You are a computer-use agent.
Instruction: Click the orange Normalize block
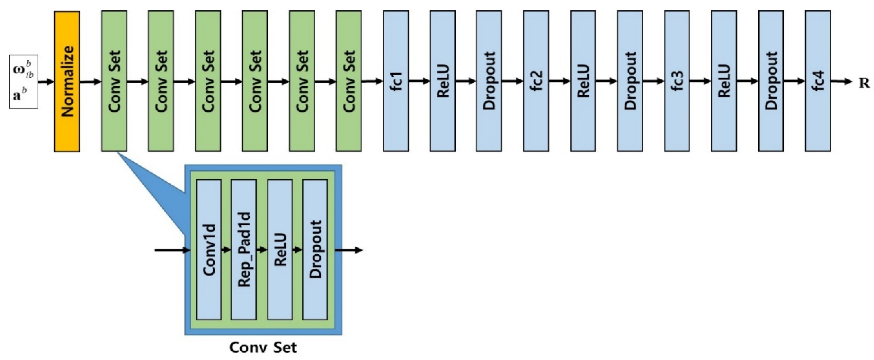coord(67,81)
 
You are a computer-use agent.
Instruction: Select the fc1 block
coord(396,81)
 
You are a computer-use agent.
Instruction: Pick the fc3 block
coord(677,81)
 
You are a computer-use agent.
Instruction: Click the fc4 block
coord(818,81)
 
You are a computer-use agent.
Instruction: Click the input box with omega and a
coord(23,82)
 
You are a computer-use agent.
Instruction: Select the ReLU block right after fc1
coord(442,81)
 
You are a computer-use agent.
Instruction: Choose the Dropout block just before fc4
coord(771,81)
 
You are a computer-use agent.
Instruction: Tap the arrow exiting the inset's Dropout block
coord(349,250)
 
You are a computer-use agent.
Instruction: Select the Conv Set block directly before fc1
coord(348,81)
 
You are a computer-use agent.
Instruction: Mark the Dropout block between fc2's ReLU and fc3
coord(630,81)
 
